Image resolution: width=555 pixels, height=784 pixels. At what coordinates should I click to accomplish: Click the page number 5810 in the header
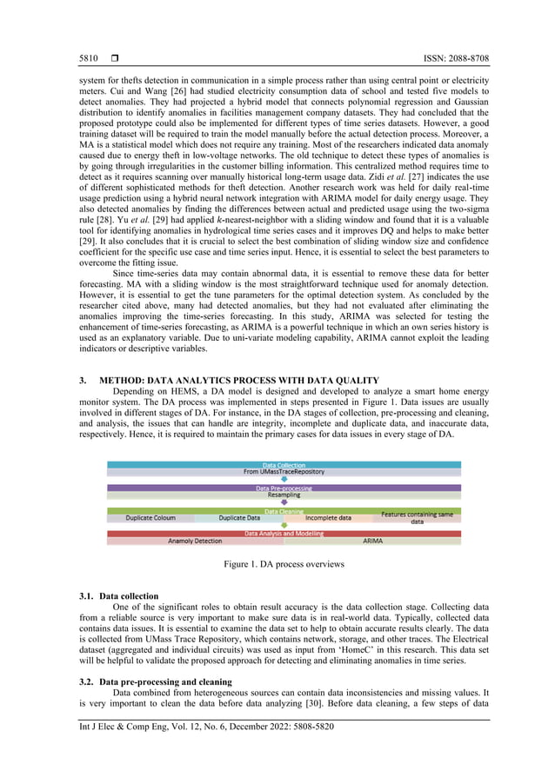90,58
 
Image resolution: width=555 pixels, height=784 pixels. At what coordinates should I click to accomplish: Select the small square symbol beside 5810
115,58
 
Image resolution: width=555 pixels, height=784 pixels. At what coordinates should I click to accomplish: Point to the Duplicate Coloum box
150,518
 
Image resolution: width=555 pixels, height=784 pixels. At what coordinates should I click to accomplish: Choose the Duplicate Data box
238,518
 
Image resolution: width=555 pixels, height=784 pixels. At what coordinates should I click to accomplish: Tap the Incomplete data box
328,518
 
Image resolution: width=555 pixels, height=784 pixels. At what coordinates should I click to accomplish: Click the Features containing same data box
417,518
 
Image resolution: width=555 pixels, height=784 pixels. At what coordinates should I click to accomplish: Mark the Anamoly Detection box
195,541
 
